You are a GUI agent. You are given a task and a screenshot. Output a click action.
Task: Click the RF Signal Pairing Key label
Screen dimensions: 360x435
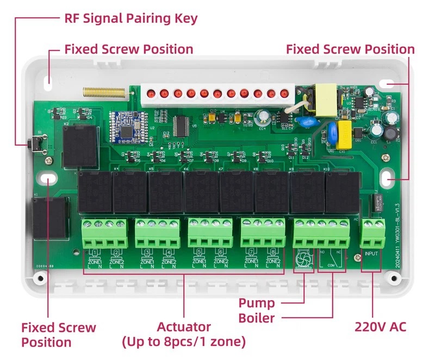point(130,18)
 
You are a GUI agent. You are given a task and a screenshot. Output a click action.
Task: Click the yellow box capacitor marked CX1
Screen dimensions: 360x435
point(345,133)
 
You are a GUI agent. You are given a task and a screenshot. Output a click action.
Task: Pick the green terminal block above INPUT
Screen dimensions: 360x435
point(374,234)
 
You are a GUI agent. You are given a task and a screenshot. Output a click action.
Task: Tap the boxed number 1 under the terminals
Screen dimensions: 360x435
point(96,252)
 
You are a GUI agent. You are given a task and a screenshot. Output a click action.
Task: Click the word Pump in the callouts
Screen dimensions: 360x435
point(257,303)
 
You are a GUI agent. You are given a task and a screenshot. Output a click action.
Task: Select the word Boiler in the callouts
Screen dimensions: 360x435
point(257,318)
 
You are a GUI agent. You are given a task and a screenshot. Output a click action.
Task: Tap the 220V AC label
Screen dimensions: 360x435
point(380,327)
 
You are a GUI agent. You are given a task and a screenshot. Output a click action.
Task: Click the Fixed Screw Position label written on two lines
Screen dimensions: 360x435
point(58,335)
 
